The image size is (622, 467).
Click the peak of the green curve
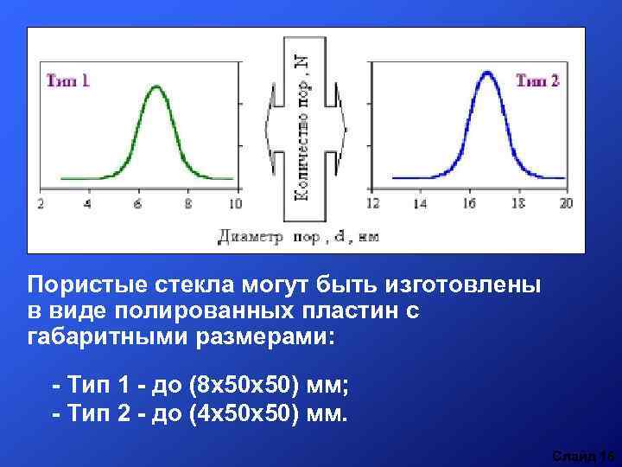click(x=156, y=86)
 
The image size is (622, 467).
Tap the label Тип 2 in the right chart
click(x=537, y=80)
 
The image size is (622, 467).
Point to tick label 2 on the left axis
click(x=41, y=204)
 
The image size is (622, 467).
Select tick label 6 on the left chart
click(x=137, y=204)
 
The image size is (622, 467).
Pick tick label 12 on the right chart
click(x=373, y=204)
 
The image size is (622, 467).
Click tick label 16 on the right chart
click(x=470, y=204)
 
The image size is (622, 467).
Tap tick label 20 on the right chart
click(x=566, y=204)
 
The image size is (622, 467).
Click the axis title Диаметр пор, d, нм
click(x=298, y=235)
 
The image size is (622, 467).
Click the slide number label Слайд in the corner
click(x=572, y=456)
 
